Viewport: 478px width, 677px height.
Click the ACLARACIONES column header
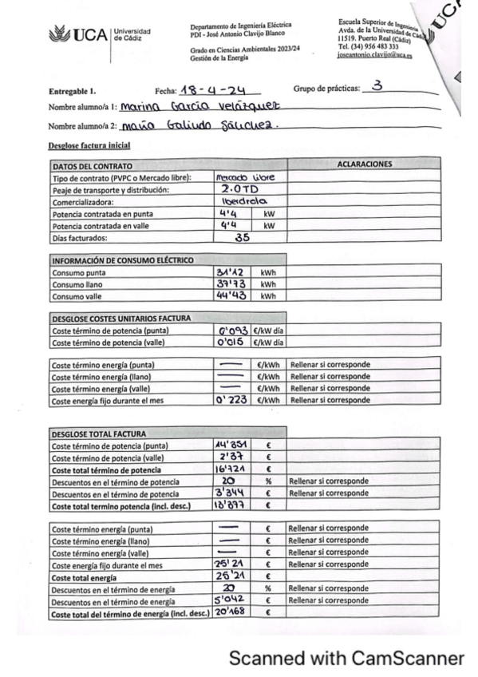click(x=365, y=164)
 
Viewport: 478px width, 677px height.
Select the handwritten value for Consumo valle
click(x=233, y=295)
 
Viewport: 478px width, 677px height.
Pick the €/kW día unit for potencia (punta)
click(x=268, y=331)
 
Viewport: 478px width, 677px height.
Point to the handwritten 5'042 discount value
click(x=233, y=600)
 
